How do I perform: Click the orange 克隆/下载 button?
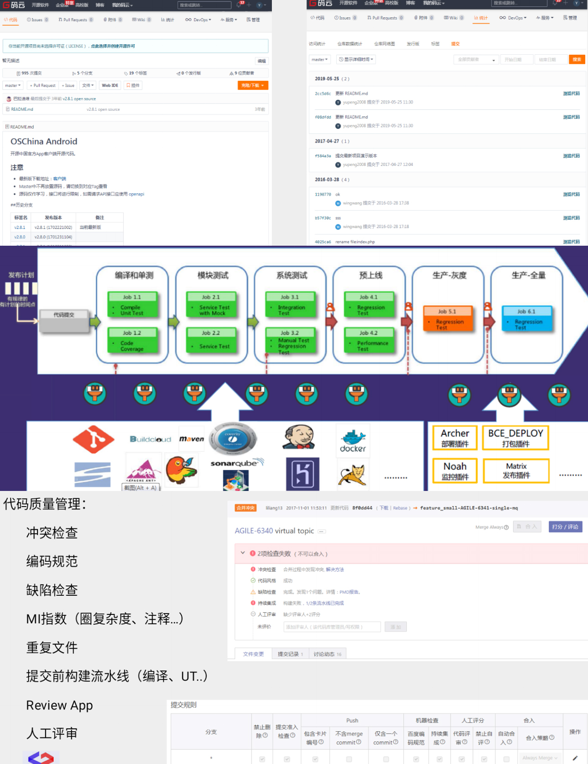(x=253, y=85)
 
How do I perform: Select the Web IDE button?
(x=110, y=85)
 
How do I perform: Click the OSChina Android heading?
(x=44, y=141)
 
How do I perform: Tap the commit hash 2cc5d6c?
(x=323, y=93)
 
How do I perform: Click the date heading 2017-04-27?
(x=327, y=141)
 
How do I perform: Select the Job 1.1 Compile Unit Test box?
(x=132, y=305)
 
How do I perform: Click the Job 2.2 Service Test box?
(x=211, y=340)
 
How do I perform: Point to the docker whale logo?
(x=353, y=440)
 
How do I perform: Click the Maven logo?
(x=192, y=439)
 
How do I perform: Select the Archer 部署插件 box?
(x=455, y=438)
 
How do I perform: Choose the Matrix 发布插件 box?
(x=516, y=470)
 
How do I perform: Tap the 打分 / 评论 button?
(x=565, y=527)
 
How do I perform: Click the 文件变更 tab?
(x=253, y=654)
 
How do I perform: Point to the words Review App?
(x=59, y=705)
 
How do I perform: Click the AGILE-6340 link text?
(x=254, y=531)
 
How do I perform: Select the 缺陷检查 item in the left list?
(x=52, y=590)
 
